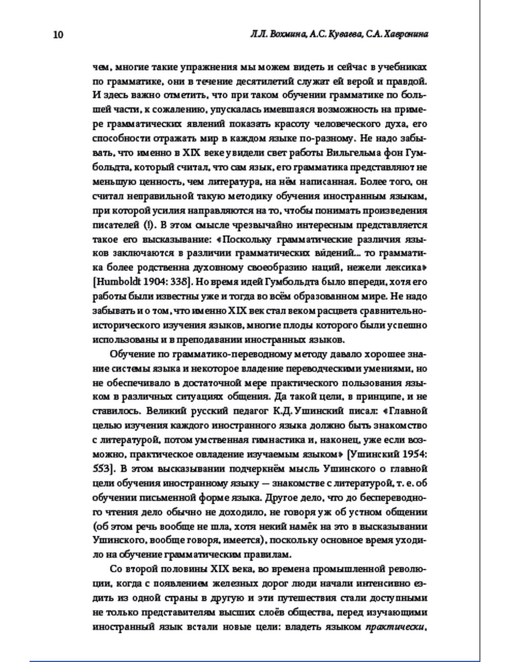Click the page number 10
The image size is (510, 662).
point(57,35)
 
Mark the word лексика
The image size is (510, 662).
point(404,267)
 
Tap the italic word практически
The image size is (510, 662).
point(396,626)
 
